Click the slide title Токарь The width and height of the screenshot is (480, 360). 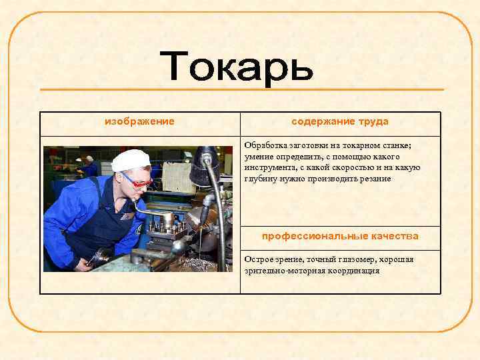click(237, 67)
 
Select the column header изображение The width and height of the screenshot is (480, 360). click(140, 122)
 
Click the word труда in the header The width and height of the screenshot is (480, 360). click(373, 122)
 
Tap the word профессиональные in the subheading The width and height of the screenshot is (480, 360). click(312, 237)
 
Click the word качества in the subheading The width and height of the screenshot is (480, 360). click(392, 237)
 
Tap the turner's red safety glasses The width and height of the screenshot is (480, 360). click(137, 179)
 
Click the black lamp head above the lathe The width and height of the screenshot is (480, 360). click(203, 167)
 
